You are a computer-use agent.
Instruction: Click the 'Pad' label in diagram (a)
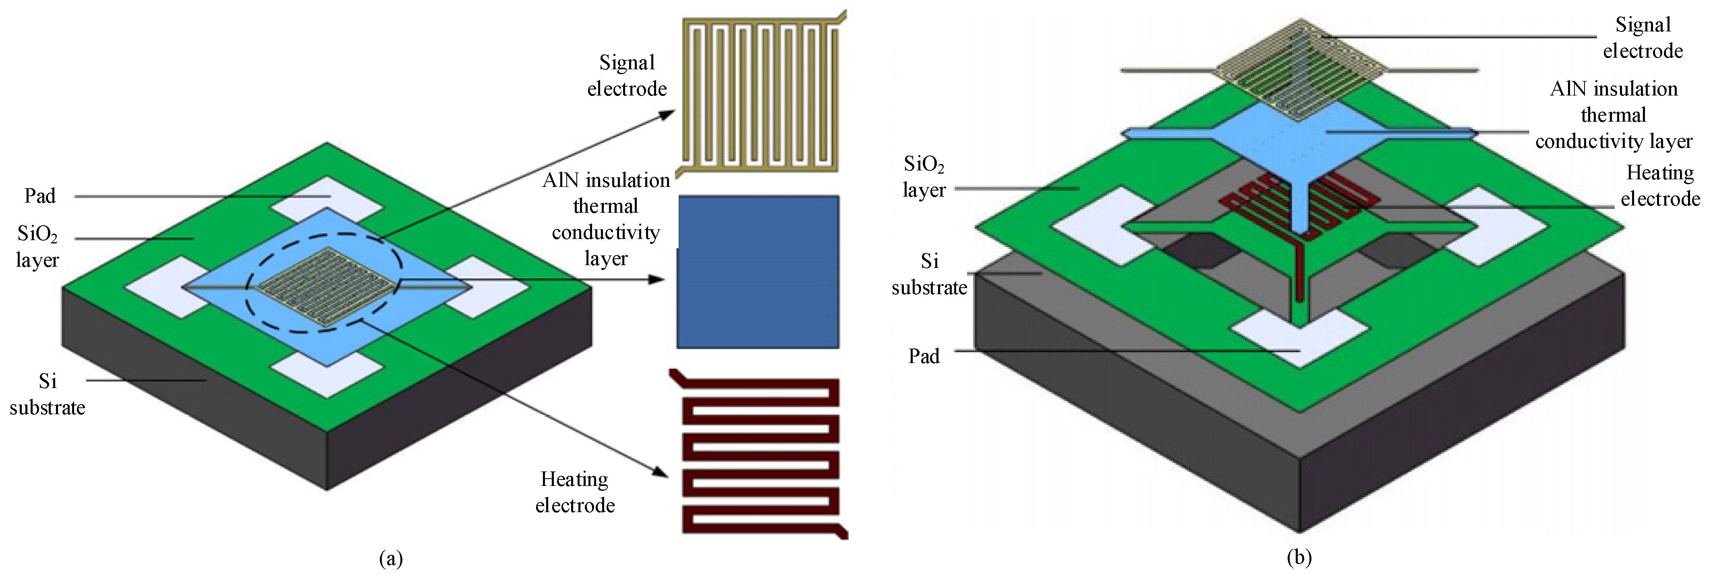tap(40, 196)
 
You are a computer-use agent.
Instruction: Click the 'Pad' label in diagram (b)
tap(924, 356)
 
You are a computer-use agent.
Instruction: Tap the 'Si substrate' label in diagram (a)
tap(47, 394)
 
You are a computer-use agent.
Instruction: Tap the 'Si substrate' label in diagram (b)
tap(929, 274)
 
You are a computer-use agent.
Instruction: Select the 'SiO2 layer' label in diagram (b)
tap(924, 177)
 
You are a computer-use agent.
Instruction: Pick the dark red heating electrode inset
tap(760, 455)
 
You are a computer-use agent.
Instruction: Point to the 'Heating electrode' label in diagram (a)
tap(574, 492)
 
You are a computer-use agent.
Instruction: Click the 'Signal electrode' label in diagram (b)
tap(1643, 38)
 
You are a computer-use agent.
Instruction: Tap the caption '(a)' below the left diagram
tap(391, 558)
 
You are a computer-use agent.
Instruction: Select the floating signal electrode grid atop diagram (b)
tap(1301, 70)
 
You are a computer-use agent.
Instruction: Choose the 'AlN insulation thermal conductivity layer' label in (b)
tap(1614, 115)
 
